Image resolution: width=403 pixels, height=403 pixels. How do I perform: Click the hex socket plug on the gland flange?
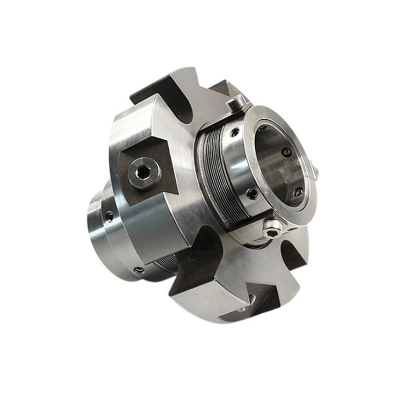tap(143, 173)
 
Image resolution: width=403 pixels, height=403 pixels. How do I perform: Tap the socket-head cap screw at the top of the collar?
tap(235, 102)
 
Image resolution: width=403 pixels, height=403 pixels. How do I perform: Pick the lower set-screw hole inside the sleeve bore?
tap(298, 191)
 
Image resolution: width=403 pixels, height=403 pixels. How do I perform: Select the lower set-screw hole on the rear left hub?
tap(139, 269)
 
